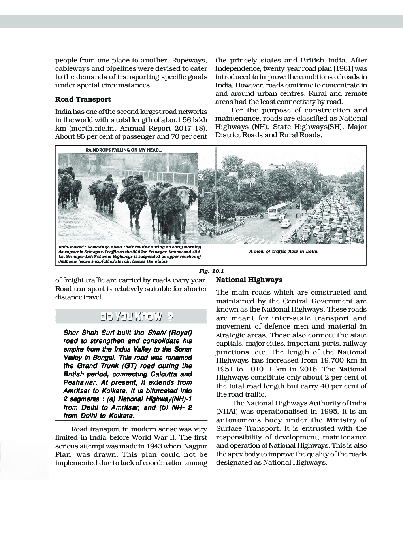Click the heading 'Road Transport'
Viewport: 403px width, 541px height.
(x=83, y=99)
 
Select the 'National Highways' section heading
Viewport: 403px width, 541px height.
(x=249, y=280)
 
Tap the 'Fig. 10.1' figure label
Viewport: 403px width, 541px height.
(x=212, y=271)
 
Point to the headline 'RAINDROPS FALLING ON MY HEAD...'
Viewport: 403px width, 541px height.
(x=124, y=150)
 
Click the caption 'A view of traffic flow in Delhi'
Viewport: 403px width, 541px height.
(x=283, y=251)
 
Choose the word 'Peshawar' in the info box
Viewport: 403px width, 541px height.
(x=79, y=382)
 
